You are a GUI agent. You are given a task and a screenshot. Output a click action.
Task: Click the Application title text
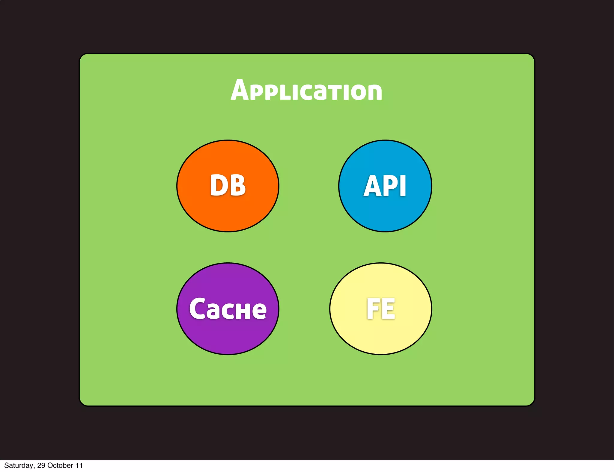(x=306, y=90)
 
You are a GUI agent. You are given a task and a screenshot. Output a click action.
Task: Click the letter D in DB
(x=219, y=186)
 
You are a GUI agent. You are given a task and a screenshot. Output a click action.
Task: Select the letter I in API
(x=403, y=186)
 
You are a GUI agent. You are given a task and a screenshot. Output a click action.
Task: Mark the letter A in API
(x=373, y=186)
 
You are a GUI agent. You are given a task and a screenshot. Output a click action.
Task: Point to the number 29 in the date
(x=41, y=465)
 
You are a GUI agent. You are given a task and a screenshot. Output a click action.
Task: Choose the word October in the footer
(x=60, y=465)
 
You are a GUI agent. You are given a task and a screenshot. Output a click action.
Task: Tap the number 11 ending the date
(x=79, y=465)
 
